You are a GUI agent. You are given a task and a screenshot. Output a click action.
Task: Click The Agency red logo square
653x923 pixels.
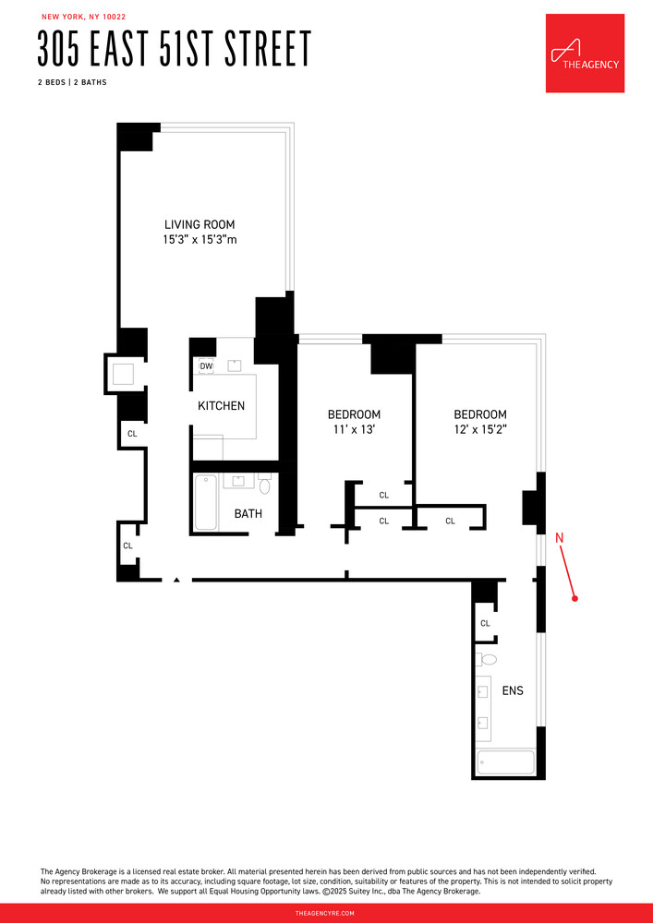click(585, 53)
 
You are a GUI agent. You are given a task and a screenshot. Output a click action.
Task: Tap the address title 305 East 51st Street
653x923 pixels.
click(174, 49)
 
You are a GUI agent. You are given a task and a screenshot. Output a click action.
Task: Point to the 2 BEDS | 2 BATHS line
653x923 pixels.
click(72, 82)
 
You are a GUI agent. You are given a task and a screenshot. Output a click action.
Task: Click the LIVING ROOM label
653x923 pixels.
click(200, 224)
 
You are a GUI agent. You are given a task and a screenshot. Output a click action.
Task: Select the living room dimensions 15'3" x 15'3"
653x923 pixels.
click(200, 241)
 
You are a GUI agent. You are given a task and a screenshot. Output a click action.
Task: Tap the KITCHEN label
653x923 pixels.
click(222, 405)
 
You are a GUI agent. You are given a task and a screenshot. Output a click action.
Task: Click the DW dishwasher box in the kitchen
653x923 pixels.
click(206, 366)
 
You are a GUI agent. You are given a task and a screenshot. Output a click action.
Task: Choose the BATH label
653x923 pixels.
click(248, 513)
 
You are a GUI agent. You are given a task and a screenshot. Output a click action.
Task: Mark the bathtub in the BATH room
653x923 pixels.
click(205, 502)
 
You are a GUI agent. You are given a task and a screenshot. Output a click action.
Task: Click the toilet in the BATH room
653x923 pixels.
click(265, 485)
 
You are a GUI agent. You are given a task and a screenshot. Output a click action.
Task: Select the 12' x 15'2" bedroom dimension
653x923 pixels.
click(479, 430)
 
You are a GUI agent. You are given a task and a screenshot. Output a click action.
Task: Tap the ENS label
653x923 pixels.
click(513, 690)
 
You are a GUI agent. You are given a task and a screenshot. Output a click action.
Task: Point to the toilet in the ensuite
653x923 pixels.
click(487, 659)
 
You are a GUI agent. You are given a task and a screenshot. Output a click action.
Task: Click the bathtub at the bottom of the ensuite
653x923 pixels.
click(504, 763)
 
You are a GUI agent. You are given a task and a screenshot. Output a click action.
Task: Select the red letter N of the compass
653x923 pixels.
click(559, 537)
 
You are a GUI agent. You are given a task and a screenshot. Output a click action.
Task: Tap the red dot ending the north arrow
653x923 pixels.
click(575, 599)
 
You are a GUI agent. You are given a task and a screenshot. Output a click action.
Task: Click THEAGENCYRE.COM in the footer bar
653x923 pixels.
click(326, 912)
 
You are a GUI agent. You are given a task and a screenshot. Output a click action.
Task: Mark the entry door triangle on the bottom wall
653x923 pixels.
click(175, 580)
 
